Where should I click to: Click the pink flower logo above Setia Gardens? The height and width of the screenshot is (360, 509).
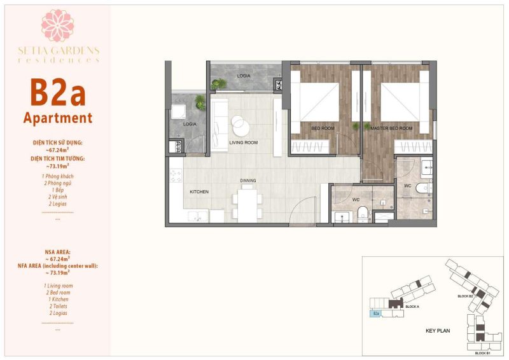[x=58, y=26]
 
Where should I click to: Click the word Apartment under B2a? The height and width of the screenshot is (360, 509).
[x=58, y=118]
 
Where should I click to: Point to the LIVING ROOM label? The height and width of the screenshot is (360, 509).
[x=243, y=142]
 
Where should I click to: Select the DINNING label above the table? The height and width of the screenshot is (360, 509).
[x=248, y=181]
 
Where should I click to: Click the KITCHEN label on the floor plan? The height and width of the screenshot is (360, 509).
[x=199, y=191]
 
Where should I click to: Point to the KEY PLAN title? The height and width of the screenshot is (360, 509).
[x=438, y=331]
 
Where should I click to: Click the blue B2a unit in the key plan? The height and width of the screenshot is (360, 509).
[x=376, y=313]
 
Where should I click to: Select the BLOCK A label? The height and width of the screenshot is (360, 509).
[x=412, y=307]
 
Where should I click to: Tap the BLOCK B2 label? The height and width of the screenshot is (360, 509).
[x=465, y=296]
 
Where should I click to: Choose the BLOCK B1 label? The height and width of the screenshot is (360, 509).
[x=482, y=352]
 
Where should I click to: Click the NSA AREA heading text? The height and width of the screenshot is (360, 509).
[x=58, y=251]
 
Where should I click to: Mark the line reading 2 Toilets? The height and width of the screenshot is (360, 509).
[x=58, y=306]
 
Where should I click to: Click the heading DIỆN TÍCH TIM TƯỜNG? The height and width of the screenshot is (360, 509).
[x=58, y=157]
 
